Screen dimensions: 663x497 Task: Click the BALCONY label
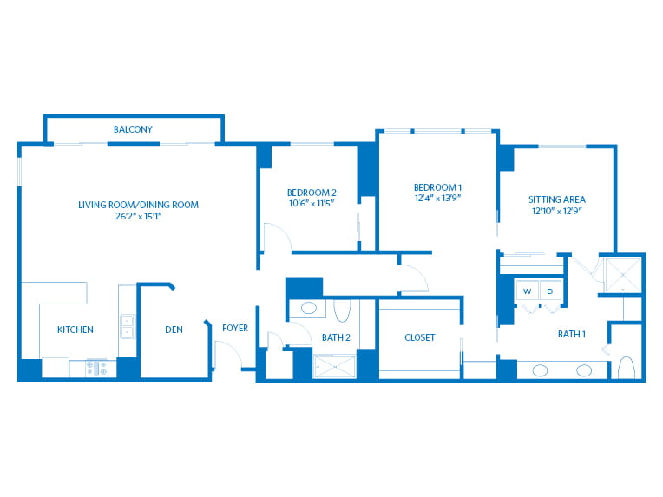tap(133, 129)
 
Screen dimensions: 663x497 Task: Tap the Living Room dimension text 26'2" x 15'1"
tap(138, 216)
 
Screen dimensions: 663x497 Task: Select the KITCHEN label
tap(75, 330)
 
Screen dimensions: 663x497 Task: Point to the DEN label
tap(174, 330)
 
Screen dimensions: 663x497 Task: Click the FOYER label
tap(235, 328)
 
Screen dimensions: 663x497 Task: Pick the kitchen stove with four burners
tap(96, 368)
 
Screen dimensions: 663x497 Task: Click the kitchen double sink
tap(128, 327)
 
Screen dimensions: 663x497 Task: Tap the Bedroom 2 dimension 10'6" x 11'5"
tap(312, 203)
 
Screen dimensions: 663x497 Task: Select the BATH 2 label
tap(336, 337)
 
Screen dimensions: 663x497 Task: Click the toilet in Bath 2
tap(342, 311)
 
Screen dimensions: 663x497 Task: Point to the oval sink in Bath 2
tap(309, 308)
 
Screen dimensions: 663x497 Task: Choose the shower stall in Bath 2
tap(334, 367)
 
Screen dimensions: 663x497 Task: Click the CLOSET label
tap(419, 337)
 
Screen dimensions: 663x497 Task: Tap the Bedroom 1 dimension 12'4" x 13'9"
tap(437, 198)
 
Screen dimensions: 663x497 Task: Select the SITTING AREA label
tap(557, 199)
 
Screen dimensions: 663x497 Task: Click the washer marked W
tap(528, 291)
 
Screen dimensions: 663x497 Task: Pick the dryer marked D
tap(550, 291)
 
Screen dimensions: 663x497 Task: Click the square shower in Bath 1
tap(623, 275)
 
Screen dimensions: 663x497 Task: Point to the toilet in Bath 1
tap(627, 368)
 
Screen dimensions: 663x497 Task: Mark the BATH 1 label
tap(572, 334)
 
